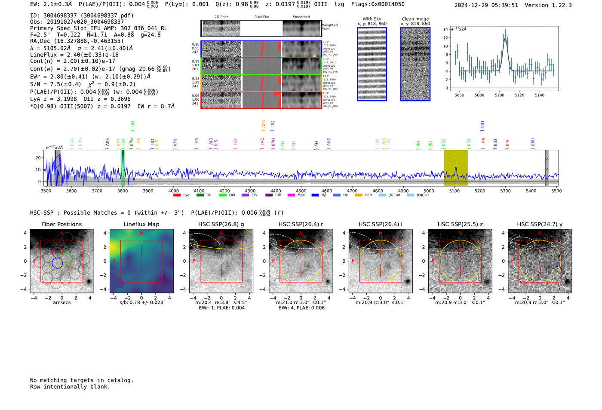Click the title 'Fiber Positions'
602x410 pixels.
point(61,224)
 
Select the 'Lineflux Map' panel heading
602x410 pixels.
point(141,224)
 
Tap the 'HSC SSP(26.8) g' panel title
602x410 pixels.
point(221,224)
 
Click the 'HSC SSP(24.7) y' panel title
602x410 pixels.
point(540,224)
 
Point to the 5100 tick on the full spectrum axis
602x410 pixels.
point(454,191)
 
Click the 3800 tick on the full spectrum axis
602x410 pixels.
point(123,191)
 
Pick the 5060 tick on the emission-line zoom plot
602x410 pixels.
point(459,95)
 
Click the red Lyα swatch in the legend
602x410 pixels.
point(177,195)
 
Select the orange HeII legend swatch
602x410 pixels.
point(358,195)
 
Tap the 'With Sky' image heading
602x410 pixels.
point(372,19)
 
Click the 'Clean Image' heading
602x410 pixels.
point(415,19)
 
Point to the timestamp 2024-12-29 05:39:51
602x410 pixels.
point(486,5)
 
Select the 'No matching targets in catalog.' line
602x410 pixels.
point(82,380)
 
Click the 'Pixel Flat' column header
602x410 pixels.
point(261,17)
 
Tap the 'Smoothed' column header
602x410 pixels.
point(301,17)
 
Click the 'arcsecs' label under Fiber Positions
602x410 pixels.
point(61,302)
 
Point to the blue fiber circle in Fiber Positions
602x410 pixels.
point(57,263)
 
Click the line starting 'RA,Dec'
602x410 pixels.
point(77,41)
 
